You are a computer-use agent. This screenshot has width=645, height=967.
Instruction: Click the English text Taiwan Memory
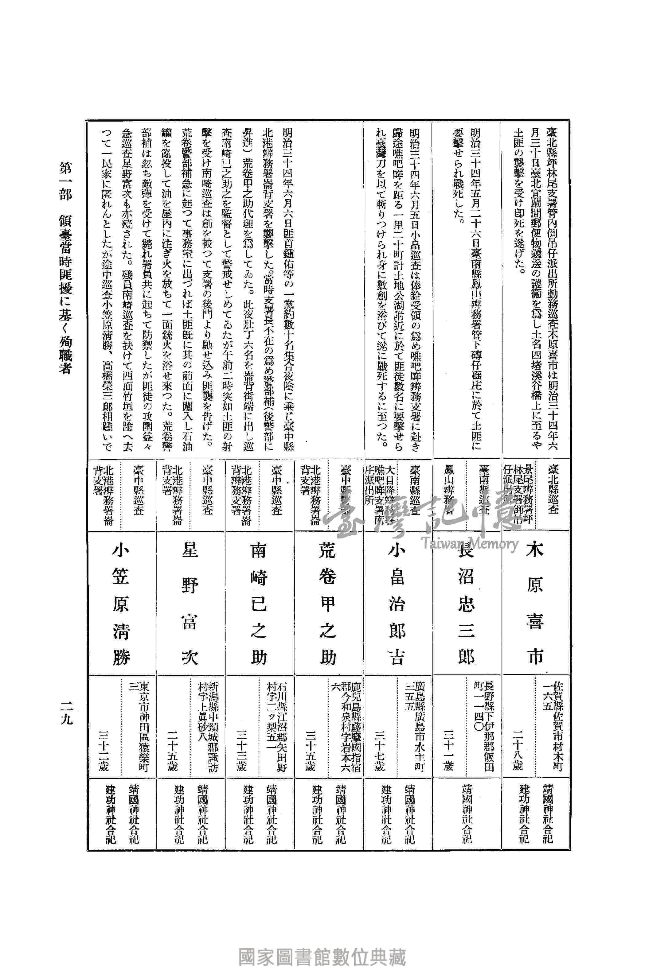pyautogui.click(x=469, y=544)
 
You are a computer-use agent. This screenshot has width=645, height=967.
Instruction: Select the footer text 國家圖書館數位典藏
pyautogui.click(x=322, y=946)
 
